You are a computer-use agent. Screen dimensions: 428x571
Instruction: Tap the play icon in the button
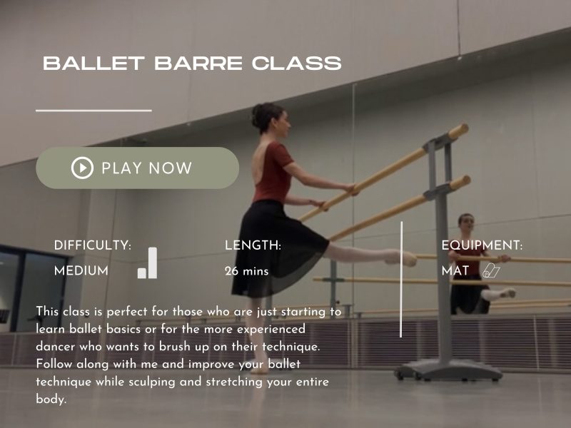point(82,168)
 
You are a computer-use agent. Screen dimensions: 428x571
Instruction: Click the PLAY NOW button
point(137,168)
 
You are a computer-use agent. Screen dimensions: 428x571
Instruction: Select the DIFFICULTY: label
point(93,245)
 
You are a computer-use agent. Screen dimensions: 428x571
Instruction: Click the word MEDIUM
point(81,271)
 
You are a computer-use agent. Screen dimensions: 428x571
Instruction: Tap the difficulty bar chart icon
point(148,263)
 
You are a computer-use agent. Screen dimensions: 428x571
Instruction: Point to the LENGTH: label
point(253,245)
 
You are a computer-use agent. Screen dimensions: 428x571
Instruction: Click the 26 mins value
point(246,271)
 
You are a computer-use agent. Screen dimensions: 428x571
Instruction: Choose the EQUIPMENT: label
point(482,245)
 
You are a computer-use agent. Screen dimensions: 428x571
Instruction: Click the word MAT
point(455,271)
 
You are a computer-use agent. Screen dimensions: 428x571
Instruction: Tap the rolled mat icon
point(491,270)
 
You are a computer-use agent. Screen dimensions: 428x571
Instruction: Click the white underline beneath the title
point(94,111)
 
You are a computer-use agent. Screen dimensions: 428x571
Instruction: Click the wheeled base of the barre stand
point(437,370)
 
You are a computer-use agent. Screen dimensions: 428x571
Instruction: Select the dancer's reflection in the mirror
point(471,264)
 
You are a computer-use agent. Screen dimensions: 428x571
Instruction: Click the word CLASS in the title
point(298,63)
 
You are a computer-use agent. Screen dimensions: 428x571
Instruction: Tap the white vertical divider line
point(401,278)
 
